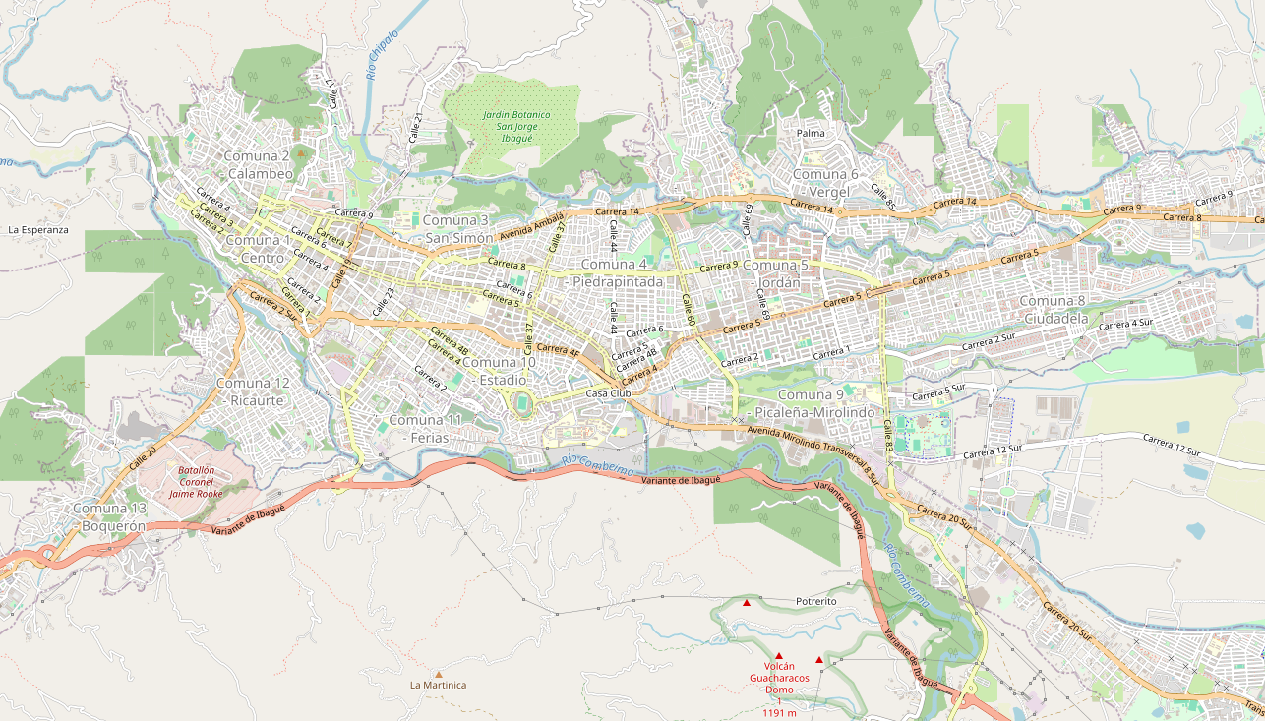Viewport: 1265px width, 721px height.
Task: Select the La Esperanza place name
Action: pyautogui.click(x=37, y=229)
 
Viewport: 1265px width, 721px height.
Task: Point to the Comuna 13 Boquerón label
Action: pyautogui.click(x=110, y=516)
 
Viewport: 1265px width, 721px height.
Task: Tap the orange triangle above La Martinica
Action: pyautogui.click(x=439, y=674)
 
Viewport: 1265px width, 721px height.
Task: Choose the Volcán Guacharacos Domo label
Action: pyautogui.click(x=779, y=678)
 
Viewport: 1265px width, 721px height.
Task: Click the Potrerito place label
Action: pyautogui.click(x=815, y=600)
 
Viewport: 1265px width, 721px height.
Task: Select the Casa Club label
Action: pyautogui.click(x=608, y=393)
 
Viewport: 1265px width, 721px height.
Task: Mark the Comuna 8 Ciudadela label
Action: pyautogui.click(x=1055, y=309)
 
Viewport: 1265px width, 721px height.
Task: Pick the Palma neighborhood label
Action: pyautogui.click(x=811, y=133)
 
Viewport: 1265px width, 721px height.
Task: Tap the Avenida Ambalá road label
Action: pyautogui.click(x=532, y=225)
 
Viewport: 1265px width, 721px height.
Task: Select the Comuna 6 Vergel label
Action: pyautogui.click(x=825, y=183)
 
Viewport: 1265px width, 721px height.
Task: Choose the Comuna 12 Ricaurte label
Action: pyautogui.click(x=253, y=391)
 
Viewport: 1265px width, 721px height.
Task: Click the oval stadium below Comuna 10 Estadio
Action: pyautogui.click(x=521, y=403)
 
